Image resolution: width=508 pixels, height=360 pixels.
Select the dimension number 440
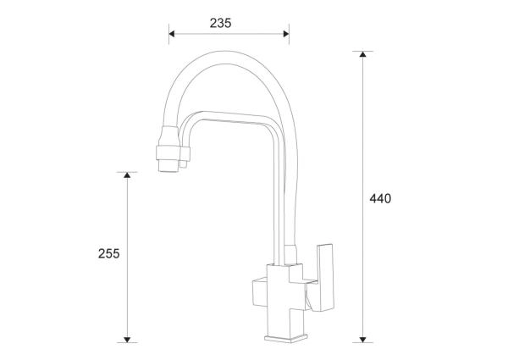[380, 199]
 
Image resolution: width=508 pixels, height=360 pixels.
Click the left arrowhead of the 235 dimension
[173, 35]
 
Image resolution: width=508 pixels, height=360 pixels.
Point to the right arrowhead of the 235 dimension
[285, 35]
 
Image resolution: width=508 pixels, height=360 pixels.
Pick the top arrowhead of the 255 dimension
[127, 176]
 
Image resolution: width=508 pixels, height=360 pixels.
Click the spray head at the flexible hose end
[167, 148]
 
